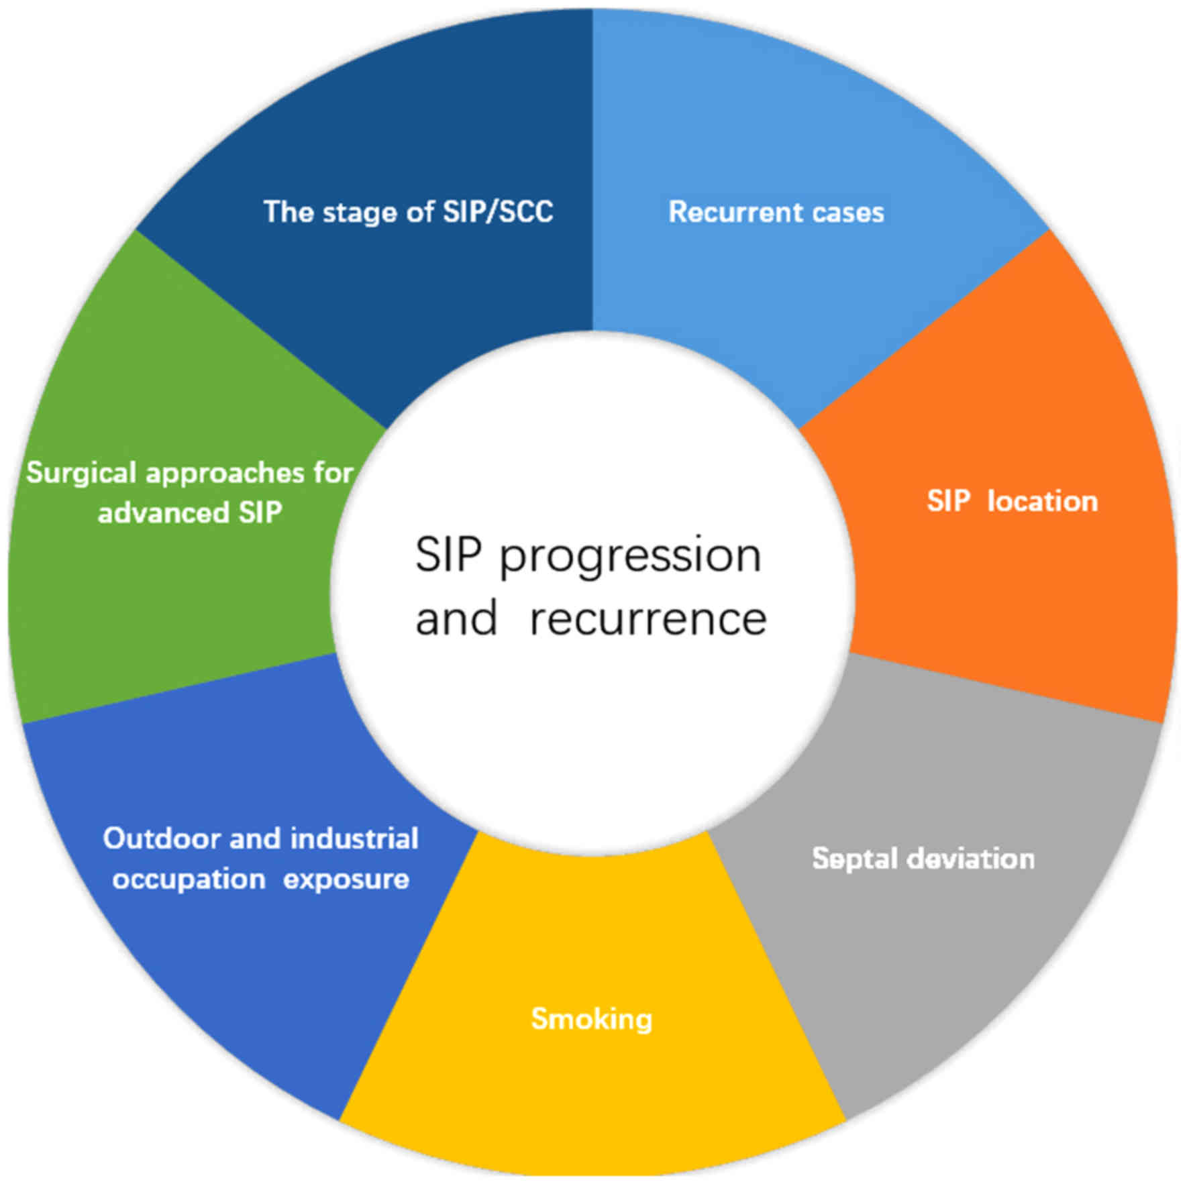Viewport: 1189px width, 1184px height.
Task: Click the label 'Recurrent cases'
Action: pos(776,212)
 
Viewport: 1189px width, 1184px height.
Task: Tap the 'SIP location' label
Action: pos(1012,501)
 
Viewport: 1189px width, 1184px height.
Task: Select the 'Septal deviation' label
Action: pos(923,859)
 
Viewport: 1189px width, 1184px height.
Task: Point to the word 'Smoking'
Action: pos(591,1018)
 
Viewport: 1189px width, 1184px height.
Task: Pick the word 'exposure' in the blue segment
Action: pos(346,879)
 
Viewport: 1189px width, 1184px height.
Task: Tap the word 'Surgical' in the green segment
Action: pos(81,473)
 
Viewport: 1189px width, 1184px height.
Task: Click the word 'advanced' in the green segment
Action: pos(163,513)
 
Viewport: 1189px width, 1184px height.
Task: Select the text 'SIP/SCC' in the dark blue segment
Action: pos(497,212)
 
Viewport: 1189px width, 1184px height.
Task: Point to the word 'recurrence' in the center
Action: pos(648,618)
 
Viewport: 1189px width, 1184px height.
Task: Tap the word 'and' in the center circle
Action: pos(456,618)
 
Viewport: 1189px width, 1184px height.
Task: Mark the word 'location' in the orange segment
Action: pos(1042,501)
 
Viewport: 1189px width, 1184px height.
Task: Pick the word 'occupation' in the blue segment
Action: pos(189,879)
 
